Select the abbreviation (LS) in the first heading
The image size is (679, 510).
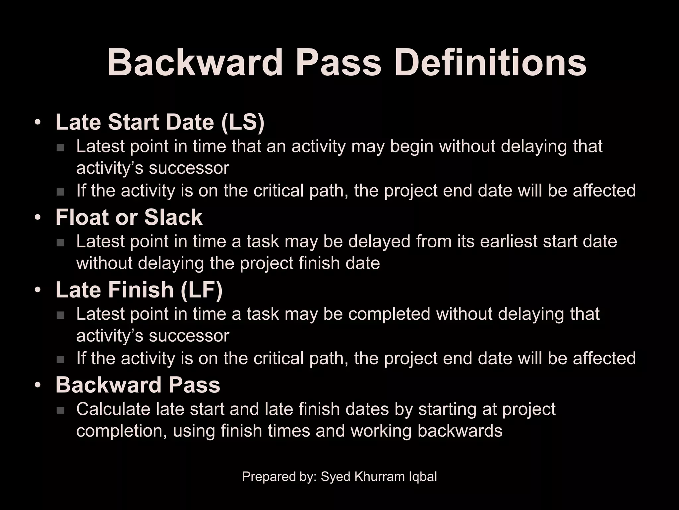(243, 122)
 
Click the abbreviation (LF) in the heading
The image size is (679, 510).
(202, 290)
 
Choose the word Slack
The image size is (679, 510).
(173, 217)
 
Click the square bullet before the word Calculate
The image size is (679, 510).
(60, 411)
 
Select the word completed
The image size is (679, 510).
(389, 314)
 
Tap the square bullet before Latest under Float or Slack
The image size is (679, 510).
(60, 243)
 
